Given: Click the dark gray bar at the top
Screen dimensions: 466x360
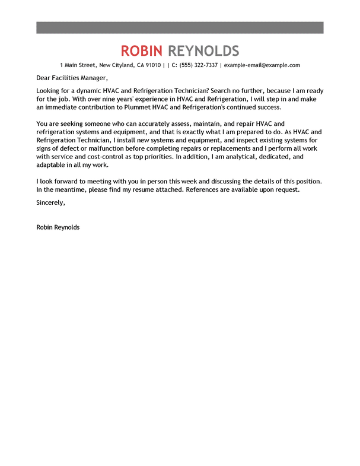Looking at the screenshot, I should (x=180, y=27).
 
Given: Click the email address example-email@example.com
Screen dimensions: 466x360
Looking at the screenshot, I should (x=262, y=65).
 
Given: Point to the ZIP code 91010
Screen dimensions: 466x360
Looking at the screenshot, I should (x=152, y=65).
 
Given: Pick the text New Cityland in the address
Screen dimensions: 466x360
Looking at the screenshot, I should (x=116, y=65).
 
